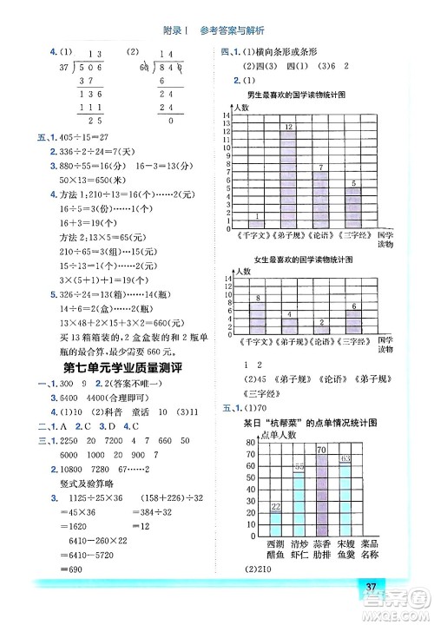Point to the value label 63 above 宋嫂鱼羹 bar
pos(345,458)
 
